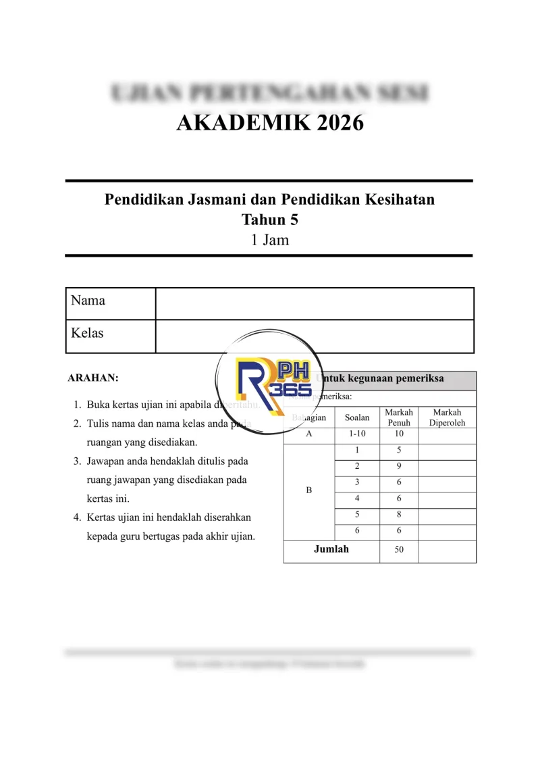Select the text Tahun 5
click(270, 220)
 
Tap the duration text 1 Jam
click(270, 239)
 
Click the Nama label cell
click(110, 303)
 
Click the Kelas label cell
click(110, 336)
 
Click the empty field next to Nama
click(315, 303)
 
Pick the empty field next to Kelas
click(315, 336)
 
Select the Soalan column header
click(357, 417)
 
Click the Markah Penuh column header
click(399, 417)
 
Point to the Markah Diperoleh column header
click(447, 417)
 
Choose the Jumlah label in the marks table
click(331, 549)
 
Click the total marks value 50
click(399, 550)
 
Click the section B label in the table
click(309, 491)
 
